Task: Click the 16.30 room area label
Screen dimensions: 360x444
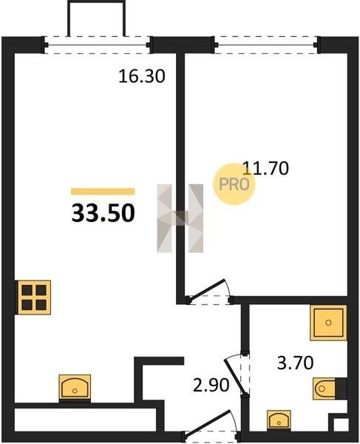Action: click(x=141, y=76)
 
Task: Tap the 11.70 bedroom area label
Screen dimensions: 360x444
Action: click(x=266, y=168)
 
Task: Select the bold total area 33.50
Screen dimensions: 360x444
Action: click(x=103, y=213)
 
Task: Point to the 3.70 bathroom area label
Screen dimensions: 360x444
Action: click(x=295, y=363)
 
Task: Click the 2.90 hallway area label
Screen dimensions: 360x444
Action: click(x=211, y=386)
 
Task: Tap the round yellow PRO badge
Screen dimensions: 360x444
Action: click(x=234, y=184)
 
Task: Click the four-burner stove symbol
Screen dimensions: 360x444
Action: click(x=34, y=297)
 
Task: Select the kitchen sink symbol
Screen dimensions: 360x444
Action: click(x=75, y=388)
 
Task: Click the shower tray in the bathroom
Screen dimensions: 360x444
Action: click(x=328, y=323)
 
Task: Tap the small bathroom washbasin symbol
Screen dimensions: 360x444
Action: click(x=279, y=421)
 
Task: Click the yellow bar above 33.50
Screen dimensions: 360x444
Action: click(x=103, y=192)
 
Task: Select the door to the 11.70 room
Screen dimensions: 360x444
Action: click(x=209, y=293)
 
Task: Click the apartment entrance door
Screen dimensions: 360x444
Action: click(x=211, y=426)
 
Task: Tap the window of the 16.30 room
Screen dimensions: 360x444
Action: click(x=97, y=44)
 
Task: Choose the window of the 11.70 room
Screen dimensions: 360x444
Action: click(x=266, y=44)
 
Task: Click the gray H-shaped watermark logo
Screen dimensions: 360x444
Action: click(x=180, y=218)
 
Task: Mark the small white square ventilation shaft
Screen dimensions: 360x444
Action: click(x=337, y=423)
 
